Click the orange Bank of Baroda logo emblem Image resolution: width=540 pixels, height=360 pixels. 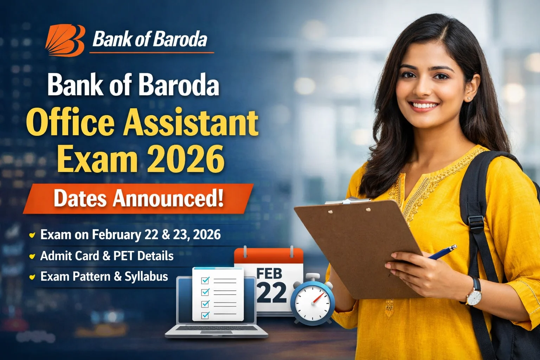(65, 40)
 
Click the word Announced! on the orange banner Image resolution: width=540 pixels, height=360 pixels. (168, 198)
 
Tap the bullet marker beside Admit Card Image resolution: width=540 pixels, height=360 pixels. (32, 256)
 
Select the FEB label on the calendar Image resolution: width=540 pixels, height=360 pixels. (269, 273)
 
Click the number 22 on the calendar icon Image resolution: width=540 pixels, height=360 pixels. (271, 292)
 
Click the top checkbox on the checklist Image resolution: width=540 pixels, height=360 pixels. (205, 280)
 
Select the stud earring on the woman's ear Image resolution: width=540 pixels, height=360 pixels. (468, 99)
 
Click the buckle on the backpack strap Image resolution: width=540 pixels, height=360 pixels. (476, 223)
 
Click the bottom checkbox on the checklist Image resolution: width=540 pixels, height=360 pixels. (205, 315)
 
